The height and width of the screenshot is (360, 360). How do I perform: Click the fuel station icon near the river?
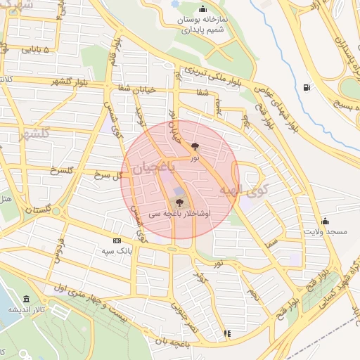point(306,88)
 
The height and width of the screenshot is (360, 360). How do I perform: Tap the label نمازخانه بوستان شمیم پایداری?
point(203,25)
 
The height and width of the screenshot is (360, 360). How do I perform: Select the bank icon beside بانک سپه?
point(117,240)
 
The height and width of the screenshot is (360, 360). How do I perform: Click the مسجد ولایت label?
point(324,231)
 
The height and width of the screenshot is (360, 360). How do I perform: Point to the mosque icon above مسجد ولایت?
point(324,221)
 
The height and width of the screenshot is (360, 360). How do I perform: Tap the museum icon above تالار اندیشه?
point(26,299)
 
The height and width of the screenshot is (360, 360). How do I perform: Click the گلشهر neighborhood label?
point(34,134)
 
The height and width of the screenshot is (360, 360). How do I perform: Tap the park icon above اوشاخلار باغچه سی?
point(179,202)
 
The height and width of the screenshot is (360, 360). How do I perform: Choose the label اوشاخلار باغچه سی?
point(179,212)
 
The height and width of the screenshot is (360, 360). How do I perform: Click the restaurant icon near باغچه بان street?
point(226,333)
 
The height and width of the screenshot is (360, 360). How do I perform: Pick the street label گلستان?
point(38,210)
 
